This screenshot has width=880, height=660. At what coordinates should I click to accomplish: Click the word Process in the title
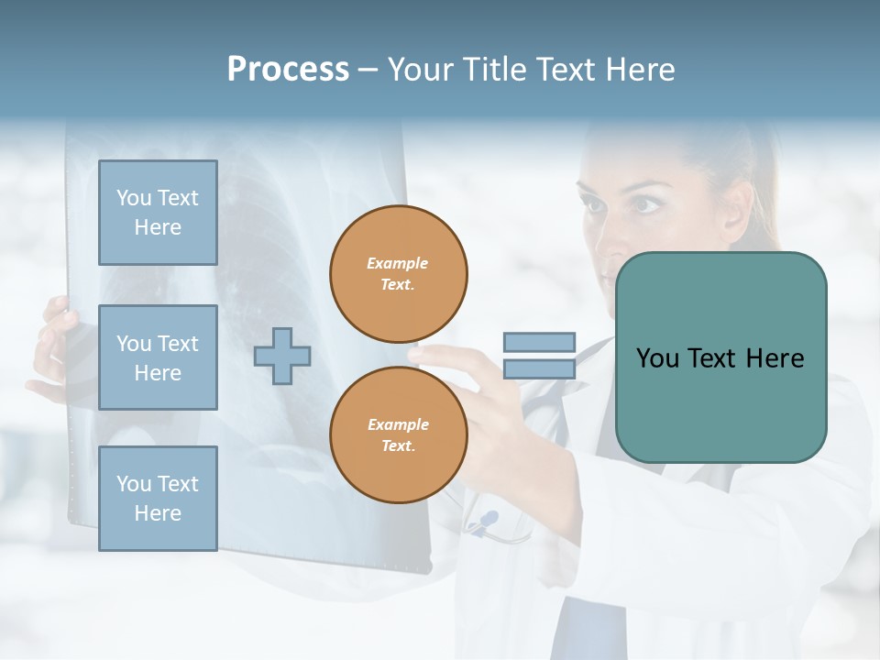pyautogui.click(x=288, y=69)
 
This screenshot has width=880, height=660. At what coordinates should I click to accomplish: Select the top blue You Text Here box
pyautogui.click(x=158, y=213)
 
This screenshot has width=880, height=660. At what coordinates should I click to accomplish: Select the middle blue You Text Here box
pyautogui.click(x=158, y=357)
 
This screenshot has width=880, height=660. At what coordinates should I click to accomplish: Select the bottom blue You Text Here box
pyautogui.click(x=158, y=498)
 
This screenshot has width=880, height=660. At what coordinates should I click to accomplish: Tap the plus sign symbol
pyautogui.click(x=282, y=357)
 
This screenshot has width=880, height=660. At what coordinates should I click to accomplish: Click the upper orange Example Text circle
pyautogui.click(x=398, y=273)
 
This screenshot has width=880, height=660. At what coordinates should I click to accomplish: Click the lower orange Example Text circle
pyautogui.click(x=398, y=434)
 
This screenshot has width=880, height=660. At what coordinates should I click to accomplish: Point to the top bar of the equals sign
pyautogui.click(x=539, y=343)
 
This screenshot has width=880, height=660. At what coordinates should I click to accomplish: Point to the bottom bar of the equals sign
pyautogui.click(x=539, y=368)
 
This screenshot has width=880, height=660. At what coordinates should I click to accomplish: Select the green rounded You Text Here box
pyautogui.click(x=720, y=357)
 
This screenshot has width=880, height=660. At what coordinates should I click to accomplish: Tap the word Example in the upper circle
pyautogui.click(x=398, y=263)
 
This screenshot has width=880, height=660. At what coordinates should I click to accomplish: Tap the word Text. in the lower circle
pyautogui.click(x=398, y=445)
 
